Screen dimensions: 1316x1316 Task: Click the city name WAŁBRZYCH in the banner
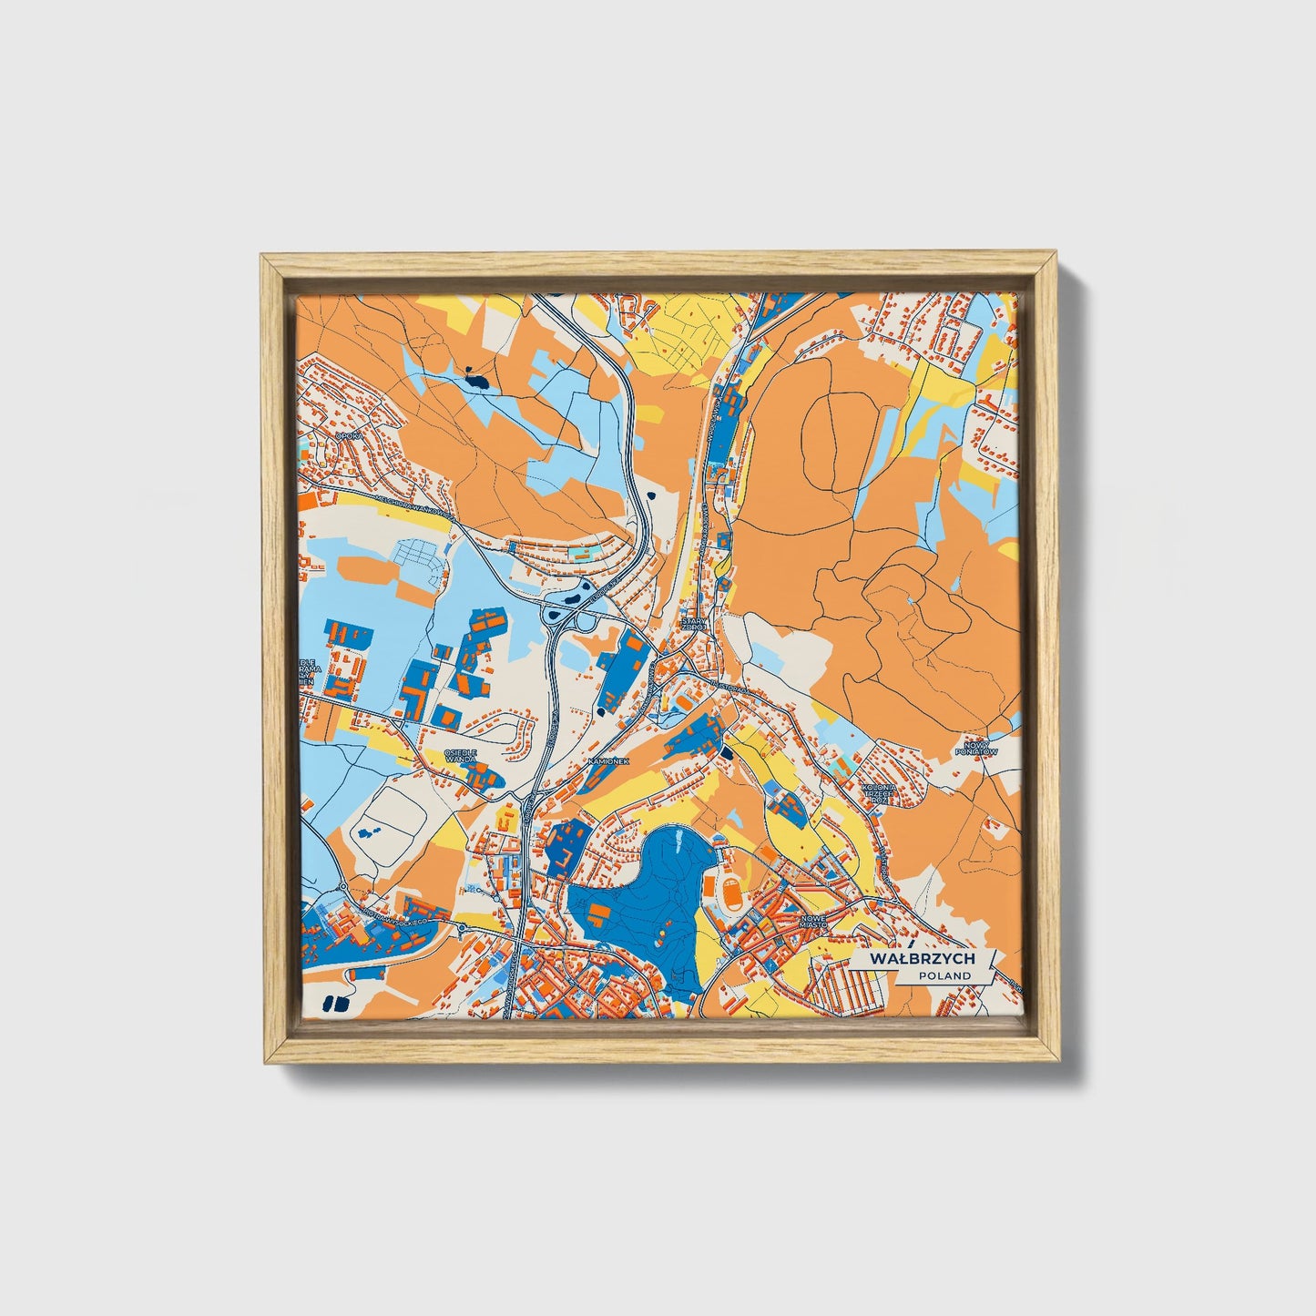point(923,959)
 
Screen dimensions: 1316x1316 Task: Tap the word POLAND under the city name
point(944,975)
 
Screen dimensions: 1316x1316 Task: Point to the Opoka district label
point(348,436)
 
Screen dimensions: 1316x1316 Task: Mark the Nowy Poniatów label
point(975,748)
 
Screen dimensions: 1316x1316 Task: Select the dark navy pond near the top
point(474,379)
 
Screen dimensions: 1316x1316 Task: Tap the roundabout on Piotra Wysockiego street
point(463,928)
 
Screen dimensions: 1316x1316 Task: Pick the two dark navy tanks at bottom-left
point(336,1004)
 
